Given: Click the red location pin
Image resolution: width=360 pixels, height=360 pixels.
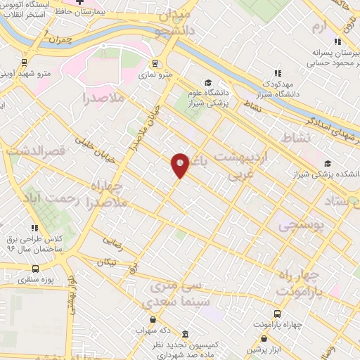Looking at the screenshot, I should [180, 165].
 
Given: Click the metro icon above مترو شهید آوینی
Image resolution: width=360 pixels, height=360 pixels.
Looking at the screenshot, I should [25, 61].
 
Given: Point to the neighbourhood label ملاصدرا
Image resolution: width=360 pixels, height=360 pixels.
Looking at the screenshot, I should [103, 98].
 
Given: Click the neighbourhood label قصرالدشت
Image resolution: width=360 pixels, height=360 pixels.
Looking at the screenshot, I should [35, 150].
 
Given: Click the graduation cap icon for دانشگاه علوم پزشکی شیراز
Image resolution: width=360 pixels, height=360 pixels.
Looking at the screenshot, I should [207, 82].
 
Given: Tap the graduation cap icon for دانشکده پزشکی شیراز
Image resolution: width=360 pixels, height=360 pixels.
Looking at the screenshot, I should [328, 162].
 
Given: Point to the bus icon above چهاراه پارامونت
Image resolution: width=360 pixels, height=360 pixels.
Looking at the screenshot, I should [278, 314].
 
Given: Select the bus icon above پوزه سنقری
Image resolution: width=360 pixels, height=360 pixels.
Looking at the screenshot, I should [36, 268].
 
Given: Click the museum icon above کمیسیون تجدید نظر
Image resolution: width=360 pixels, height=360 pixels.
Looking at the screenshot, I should [185, 334].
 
